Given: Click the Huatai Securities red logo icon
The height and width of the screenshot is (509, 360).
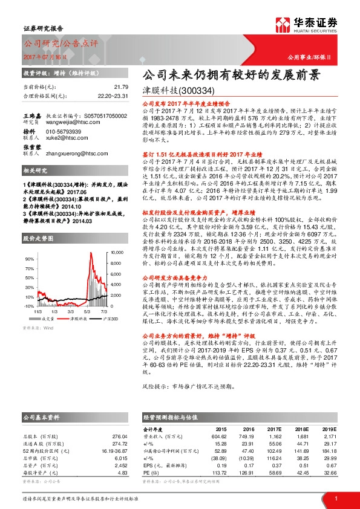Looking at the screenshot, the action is [x=284, y=24].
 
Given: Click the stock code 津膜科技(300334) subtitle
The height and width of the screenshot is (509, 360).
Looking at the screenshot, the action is [x=178, y=91].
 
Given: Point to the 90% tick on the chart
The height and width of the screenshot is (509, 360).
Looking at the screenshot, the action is [x=29, y=241].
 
